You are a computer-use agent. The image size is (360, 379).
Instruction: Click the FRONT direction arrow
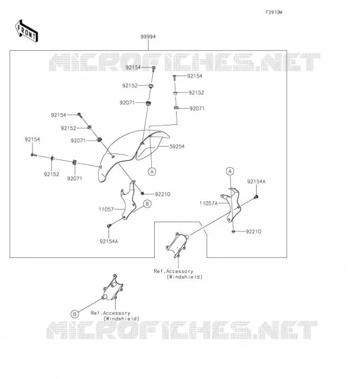click(x=27, y=31)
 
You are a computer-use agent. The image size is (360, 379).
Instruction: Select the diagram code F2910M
click(x=274, y=12)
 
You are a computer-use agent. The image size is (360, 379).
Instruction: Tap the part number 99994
click(x=148, y=37)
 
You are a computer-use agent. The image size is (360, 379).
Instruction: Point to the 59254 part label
click(x=177, y=146)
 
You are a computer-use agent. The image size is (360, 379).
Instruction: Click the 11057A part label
click(x=209, y=203)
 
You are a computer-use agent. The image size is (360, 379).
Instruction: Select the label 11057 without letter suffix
click(x=106, y=209)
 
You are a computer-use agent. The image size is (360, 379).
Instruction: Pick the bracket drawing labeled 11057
click(x=128, y=200)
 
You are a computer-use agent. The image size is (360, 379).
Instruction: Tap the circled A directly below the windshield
click(x=152, y=171)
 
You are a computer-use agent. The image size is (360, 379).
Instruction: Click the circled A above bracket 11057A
click(x=230, y=171)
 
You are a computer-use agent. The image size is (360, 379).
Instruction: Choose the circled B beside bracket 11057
click(x=147, y=204)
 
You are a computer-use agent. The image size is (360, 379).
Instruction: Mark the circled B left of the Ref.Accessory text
click(x=75, y=314)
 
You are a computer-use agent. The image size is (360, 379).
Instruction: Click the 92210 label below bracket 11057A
click(x=253, y=232)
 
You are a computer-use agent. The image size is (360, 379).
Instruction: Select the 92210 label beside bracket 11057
click(x=163, y=194)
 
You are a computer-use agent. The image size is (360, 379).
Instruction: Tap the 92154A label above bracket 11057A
click(x=256, y=181)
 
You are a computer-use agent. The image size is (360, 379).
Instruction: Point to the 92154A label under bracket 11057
click(x=109, y=241)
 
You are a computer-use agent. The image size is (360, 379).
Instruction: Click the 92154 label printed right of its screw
click(x=194, y=76)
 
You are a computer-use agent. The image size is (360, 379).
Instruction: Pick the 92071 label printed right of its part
click(x=197, y=108)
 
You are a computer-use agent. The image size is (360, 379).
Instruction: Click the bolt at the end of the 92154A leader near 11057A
click(x=257, y=197)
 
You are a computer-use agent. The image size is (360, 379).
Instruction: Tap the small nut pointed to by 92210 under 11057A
click(x=233, y=232)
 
